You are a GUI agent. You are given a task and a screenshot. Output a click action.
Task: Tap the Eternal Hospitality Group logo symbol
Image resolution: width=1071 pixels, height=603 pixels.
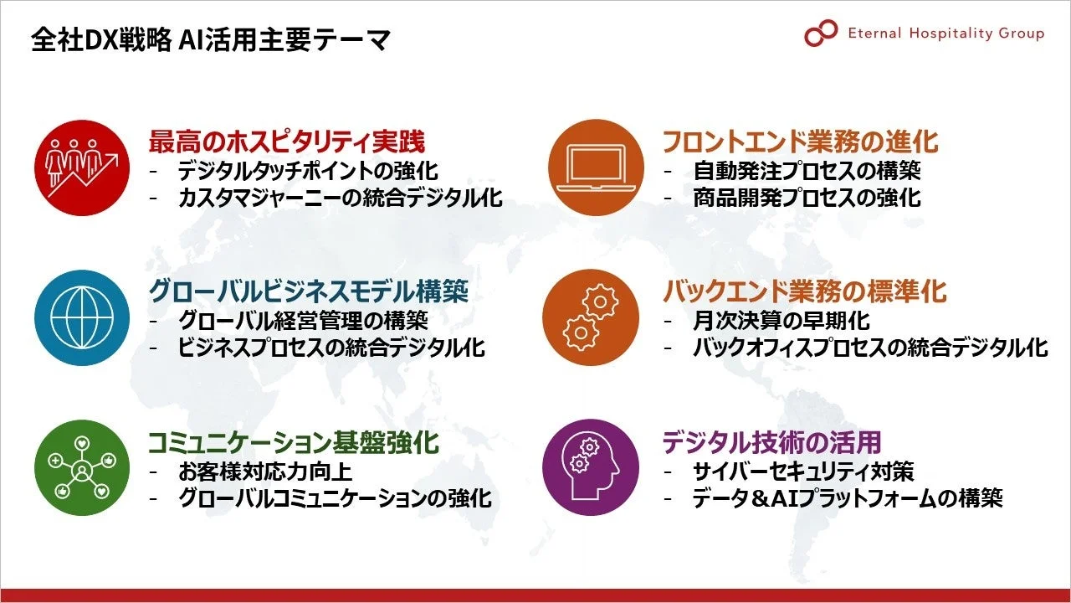(x=820, y=33)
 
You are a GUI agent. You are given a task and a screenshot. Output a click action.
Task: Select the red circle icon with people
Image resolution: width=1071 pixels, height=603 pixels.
(x=82, y=167)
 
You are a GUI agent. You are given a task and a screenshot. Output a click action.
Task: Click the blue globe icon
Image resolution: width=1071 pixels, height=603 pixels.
(x=82, y=317)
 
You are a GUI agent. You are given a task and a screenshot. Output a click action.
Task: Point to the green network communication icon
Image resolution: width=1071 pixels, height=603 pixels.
(x=82, y=467)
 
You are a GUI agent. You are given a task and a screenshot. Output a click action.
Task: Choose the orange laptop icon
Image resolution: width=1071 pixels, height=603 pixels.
(x=596, y=167)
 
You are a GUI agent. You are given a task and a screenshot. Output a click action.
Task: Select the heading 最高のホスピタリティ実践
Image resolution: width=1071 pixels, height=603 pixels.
(x=287, y=141)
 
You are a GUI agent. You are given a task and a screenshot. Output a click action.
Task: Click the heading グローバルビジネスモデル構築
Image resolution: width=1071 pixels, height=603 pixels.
(x=308, y=291)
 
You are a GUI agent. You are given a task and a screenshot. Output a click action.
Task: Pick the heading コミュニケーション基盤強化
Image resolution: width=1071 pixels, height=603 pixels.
(x=294, y=441)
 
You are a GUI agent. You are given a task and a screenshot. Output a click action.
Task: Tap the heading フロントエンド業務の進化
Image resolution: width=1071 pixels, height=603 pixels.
(x=800, y=141)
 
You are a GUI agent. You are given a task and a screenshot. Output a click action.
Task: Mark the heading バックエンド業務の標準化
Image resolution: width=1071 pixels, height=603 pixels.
(x=804, y=291)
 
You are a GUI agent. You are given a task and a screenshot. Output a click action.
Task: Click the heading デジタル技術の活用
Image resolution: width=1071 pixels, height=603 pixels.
(x=771, y=441)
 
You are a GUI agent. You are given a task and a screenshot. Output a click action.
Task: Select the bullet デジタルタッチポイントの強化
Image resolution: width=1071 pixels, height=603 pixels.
(x=308, y=171)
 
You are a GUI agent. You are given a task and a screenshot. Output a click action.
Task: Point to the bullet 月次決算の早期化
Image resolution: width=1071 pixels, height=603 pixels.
(x=781, y=320)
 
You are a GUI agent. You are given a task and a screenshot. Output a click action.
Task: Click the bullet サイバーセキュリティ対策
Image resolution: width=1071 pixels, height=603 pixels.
(x=803, y=471)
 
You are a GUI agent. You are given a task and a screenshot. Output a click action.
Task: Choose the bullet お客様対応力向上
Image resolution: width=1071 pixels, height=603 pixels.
(x=265, y=471)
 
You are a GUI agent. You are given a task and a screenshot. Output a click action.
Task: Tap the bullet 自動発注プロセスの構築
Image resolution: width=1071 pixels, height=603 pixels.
(x=807, y=171)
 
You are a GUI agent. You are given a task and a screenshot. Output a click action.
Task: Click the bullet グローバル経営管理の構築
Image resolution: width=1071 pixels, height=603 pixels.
(x=303, y=320)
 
